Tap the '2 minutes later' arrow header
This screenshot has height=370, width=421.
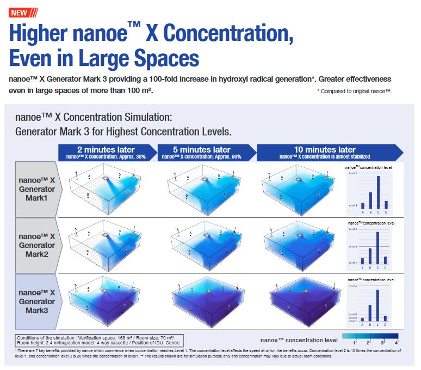pos(106,152)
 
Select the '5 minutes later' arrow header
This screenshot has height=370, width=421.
pos(205,152)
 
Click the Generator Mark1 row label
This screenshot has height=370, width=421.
pos(37,189)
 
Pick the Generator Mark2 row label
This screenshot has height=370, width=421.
pos(37,245)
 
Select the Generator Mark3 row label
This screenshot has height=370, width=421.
pos(37,301)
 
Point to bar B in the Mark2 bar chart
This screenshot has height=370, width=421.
pos(370,256)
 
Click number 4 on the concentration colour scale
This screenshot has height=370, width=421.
pos(396,342)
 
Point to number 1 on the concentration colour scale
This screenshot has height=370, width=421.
pos(354,342)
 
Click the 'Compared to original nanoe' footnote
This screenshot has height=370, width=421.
pos(354,91)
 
